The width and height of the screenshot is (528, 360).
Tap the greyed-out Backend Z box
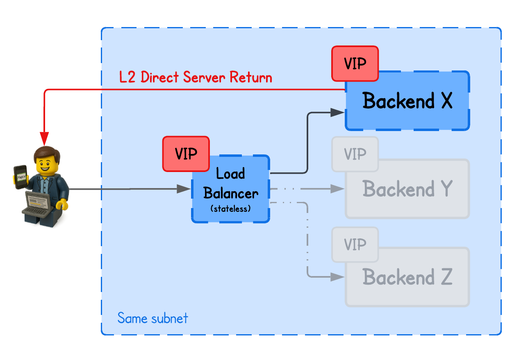(407, 277)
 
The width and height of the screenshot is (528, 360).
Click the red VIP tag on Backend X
(355, 63)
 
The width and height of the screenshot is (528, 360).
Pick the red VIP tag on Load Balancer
(186, 154)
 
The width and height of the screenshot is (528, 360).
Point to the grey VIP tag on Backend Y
(355, 154)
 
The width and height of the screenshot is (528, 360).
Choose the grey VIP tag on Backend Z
(355, 245)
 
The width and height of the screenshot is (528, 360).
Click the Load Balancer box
(231, 189)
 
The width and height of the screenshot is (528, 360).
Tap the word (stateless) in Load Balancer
(230, 208)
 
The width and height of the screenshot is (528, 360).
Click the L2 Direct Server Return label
(196, 77)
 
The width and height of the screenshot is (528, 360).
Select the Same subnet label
(152, 318)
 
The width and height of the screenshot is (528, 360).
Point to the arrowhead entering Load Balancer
(183, 189)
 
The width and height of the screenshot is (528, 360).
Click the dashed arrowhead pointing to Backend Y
(337, 189)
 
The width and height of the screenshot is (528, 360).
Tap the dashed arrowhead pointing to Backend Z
(337, 277)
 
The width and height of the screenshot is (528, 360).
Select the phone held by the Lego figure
(20, 177)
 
